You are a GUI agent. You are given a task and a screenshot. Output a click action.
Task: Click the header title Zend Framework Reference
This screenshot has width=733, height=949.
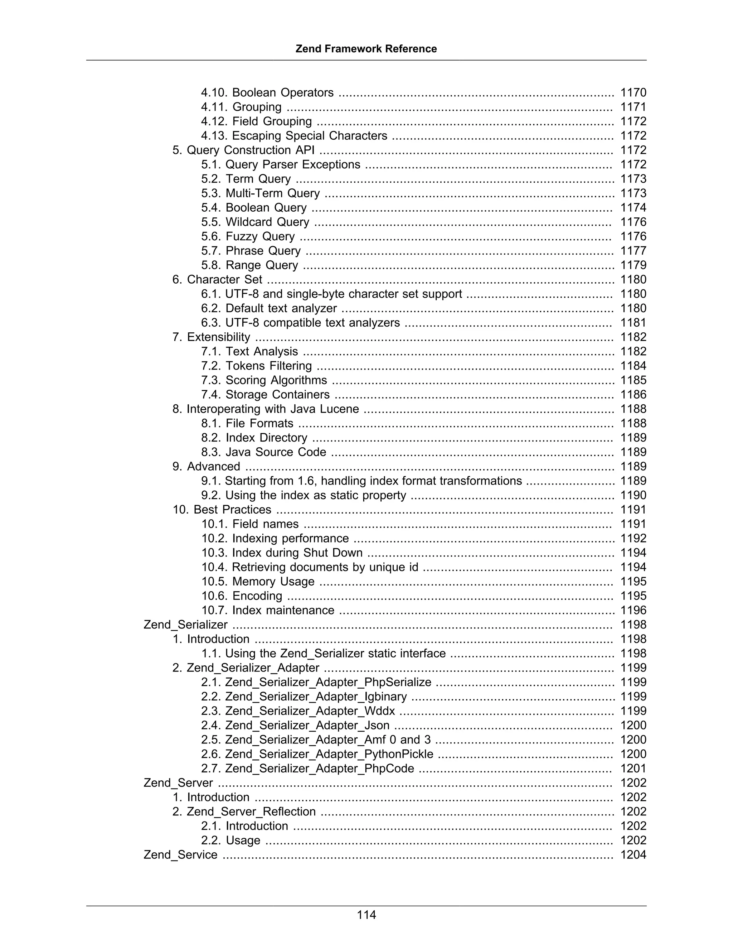366,49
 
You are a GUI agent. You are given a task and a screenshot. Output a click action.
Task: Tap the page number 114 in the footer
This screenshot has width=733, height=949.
366,915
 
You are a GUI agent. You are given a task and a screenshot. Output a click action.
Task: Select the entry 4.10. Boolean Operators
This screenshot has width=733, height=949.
267,92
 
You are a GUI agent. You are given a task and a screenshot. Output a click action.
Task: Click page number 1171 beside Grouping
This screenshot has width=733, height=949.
633,107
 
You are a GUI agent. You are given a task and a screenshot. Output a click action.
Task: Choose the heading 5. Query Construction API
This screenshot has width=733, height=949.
243,150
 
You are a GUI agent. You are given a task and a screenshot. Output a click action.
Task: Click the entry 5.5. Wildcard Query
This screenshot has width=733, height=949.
255,222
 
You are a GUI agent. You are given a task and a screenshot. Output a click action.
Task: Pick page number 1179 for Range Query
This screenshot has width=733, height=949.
633,265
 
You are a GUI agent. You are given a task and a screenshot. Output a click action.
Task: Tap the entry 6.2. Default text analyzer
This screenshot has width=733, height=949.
269,308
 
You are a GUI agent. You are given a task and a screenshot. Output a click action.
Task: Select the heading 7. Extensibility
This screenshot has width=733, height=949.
211,337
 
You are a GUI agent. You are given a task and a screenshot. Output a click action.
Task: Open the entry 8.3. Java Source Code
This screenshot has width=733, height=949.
263,452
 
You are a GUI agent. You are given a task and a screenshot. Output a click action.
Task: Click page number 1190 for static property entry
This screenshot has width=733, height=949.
633,495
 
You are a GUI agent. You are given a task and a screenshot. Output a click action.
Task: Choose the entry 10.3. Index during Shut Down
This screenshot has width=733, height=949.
282,553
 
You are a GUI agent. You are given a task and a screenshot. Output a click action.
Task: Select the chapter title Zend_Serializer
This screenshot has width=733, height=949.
185,625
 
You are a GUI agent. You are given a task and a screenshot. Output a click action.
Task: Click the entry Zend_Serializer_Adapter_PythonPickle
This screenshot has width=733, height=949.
317,754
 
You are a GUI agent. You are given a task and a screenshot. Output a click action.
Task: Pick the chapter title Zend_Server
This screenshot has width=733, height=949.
178,782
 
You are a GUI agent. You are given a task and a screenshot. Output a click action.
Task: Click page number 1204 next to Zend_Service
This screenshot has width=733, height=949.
633,855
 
